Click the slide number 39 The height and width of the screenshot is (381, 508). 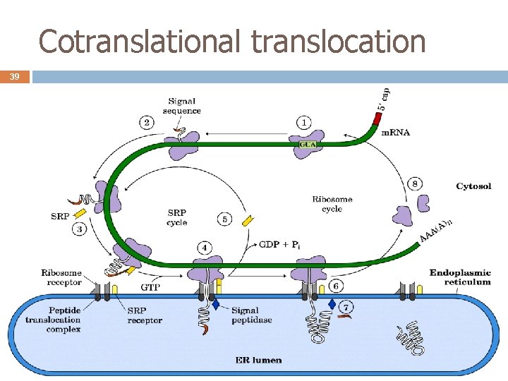(14, 76)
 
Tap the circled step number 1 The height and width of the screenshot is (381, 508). (303, 122)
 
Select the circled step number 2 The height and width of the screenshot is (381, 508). (147, 122)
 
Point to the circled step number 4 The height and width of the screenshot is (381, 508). (205, 248)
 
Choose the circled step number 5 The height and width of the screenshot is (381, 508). (224, 219)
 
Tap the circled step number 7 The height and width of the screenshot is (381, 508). (346, 308)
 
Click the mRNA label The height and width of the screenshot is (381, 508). (396, 132)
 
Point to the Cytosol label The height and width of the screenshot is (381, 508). (473, 186)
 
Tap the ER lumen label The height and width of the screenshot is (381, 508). (258, 360)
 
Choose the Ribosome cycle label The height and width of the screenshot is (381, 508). (332, 204)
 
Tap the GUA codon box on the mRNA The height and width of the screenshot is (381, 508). (308, 145)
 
